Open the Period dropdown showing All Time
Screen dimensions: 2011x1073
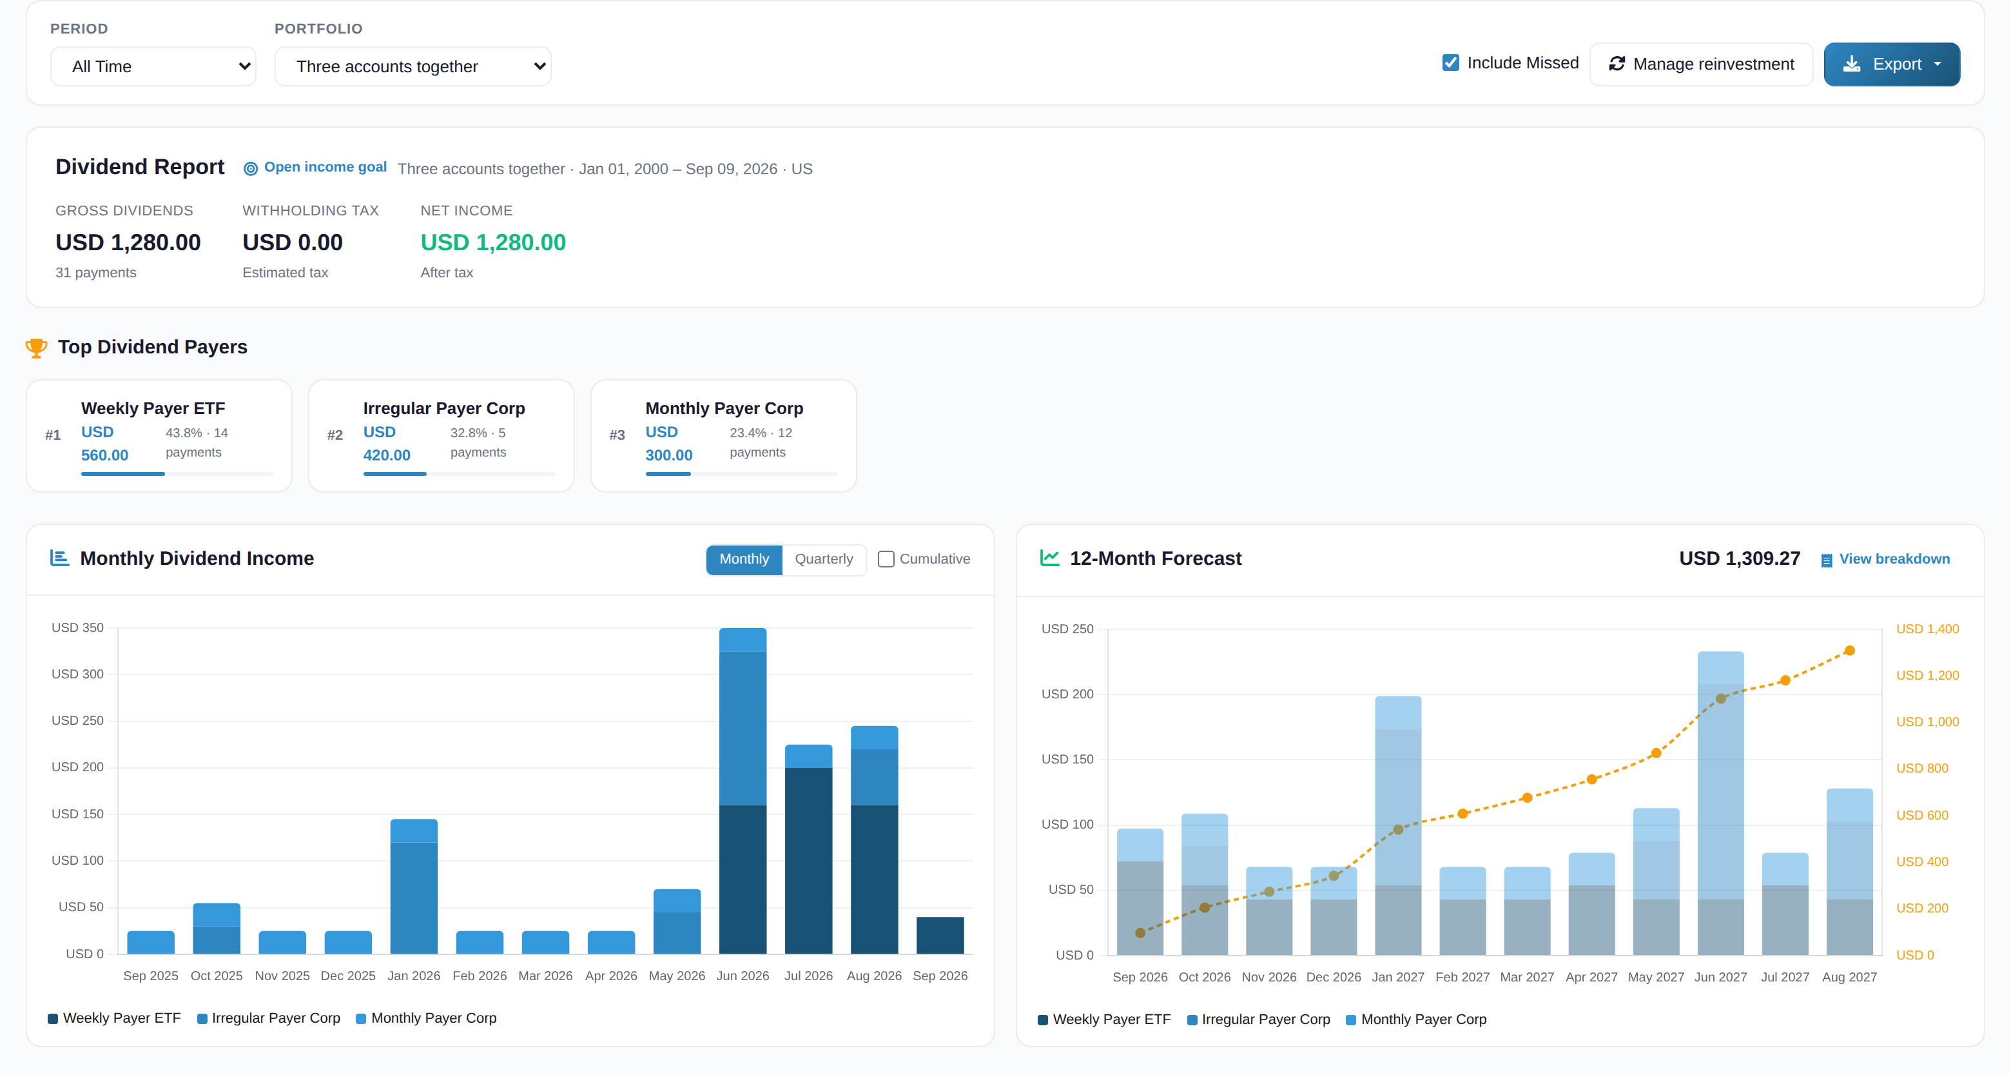(153, 66)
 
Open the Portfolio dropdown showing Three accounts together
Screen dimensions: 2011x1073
(413, 66)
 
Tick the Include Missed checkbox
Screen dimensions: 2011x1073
(1450, 63)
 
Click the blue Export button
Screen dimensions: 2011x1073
(1892, 64)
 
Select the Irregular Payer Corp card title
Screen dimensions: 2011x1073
(444, 408)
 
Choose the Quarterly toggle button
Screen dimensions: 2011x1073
(824, 559)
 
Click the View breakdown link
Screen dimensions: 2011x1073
(1894, 559)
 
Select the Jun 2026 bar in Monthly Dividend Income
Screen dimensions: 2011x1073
(743, 791)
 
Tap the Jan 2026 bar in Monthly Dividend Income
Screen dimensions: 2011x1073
(414, 887)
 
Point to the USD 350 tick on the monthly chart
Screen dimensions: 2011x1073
(77, 628)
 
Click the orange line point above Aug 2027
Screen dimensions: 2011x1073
(1849, 651)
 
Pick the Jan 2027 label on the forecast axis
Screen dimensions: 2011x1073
(1398, 977)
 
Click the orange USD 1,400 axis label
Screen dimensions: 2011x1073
(1927, 629)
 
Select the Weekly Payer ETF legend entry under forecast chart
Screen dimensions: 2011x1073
(1104, 1019)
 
